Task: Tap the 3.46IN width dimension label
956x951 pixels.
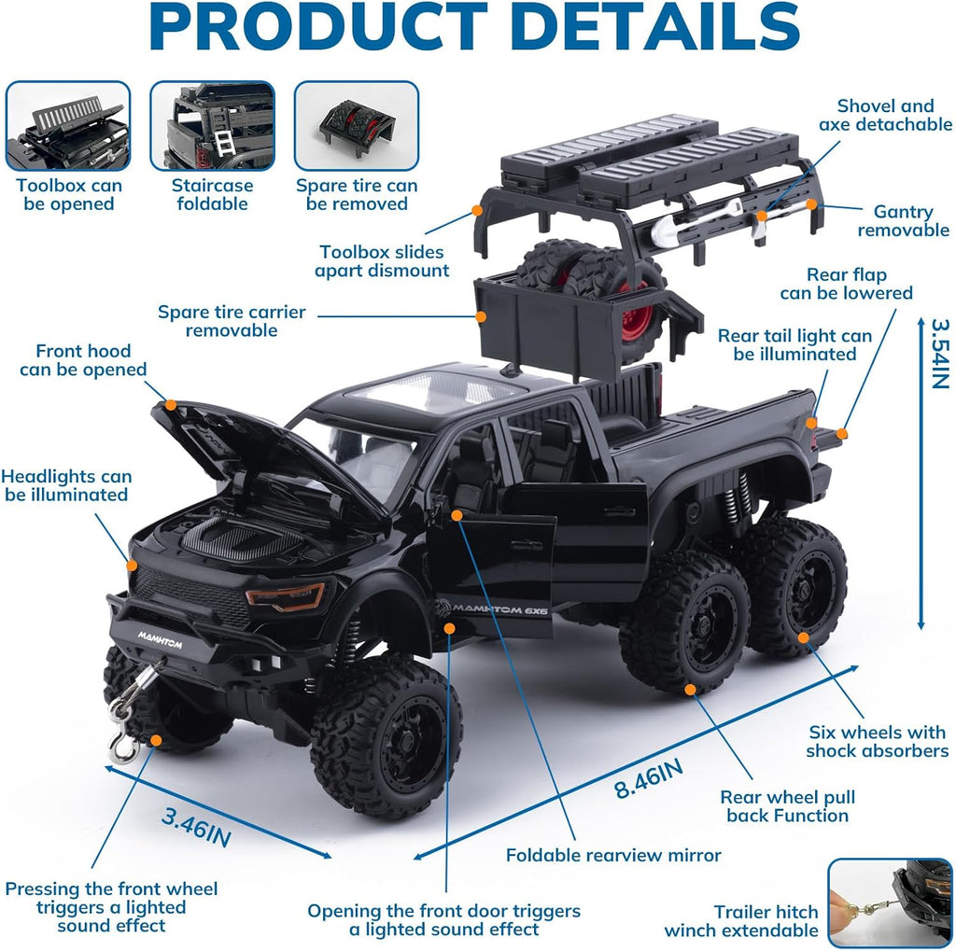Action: tap(196, 827)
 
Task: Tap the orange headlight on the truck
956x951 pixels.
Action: tap(286, 595)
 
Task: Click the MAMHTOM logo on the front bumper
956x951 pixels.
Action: tap(160, 639)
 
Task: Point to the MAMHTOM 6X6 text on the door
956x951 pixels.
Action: tap(491, 608)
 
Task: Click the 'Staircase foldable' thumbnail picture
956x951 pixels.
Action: tap(212, 126)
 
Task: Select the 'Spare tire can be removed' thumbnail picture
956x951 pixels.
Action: tap(357, 126)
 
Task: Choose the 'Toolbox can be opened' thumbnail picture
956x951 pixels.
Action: tap(68, 126)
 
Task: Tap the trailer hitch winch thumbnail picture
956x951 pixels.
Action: tap(890, 902)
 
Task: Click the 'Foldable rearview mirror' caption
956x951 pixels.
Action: tap(613, 855)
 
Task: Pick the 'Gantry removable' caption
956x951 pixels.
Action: tap(904, 220)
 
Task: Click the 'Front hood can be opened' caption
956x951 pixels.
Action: tap(83, 359)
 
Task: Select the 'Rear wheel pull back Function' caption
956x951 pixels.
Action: tap(788, 806)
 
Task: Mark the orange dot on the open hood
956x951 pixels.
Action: tap(171, 405)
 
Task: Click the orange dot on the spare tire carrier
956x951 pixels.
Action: tap(481, 317)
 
